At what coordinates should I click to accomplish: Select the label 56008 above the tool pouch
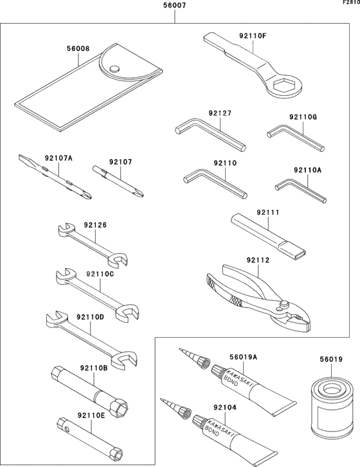[78, 47]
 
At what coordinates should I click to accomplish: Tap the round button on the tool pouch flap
[114, 69]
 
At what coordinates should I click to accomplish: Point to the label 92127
[221, 113]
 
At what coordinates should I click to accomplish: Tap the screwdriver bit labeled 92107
[119, 179]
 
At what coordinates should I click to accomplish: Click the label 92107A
[59, 158]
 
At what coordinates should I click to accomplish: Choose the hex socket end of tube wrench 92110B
[121, 407]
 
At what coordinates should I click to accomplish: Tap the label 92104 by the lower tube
[225, 408]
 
